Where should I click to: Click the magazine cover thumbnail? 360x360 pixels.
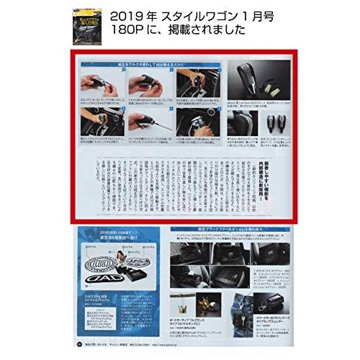pos(88,22)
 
